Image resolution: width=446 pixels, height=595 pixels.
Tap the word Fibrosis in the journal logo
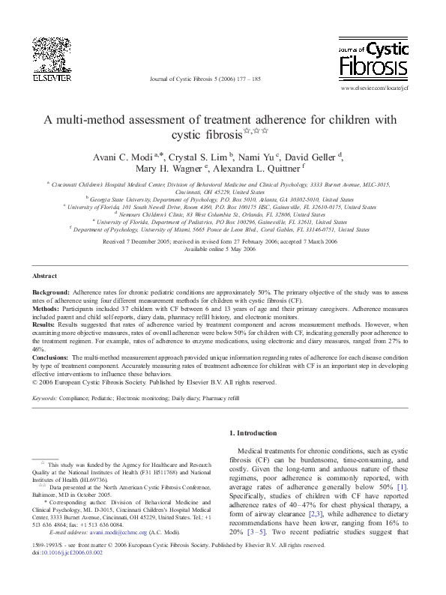(375, 70)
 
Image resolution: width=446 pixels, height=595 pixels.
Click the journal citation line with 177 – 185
(205, 78)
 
